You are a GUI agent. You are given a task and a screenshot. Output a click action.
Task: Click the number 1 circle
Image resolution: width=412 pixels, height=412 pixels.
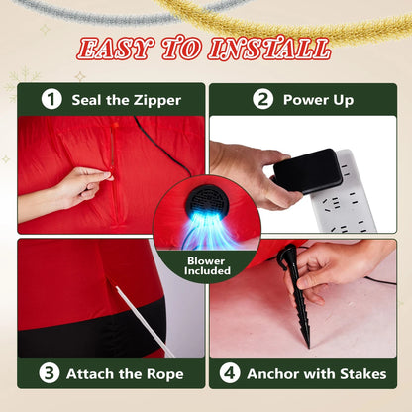coord(51,100)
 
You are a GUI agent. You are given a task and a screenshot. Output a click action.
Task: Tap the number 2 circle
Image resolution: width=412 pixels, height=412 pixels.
coord(263,99)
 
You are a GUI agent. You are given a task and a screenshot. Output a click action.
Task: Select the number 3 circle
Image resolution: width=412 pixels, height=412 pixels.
coord(50,373)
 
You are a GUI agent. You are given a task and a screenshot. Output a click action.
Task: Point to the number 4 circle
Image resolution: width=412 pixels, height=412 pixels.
coord(230,373)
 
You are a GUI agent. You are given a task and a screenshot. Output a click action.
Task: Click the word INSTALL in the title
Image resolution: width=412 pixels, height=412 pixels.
coord(269,50)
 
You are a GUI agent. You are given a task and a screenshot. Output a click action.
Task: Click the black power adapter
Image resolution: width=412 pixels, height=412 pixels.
coord(308,171)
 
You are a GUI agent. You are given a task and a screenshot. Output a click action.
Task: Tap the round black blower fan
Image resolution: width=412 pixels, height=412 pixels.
coord(207,202)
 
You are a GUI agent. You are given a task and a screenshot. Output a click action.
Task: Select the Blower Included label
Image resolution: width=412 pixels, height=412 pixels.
coord(207,266)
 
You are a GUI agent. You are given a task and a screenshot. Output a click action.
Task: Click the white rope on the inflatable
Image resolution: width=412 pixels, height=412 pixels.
coord(145,321)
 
